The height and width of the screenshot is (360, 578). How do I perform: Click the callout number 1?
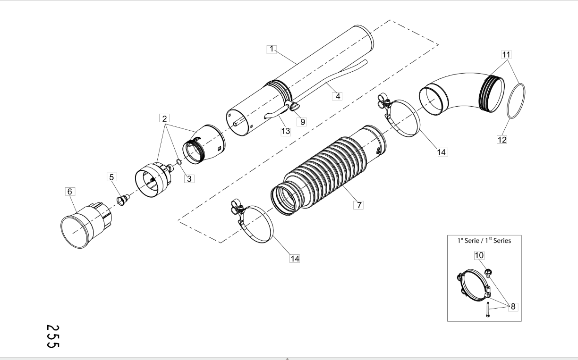point(272,49)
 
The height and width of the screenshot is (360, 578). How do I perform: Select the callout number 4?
point(337,96)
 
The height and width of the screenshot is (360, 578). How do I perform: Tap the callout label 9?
point(302,121)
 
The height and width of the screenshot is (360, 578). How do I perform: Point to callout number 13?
point(285,131)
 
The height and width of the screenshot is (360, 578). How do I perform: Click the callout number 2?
point(164,118)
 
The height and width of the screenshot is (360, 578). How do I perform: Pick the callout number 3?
point(189,178)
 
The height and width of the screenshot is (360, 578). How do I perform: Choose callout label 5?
point(111,177)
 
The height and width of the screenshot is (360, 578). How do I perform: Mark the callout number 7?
point(359,205)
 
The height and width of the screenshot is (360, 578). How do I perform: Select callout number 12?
point(501,140)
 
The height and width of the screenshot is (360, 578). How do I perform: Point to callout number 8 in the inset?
point(513,306)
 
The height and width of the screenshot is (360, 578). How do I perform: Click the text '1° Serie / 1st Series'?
point(484,240)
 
